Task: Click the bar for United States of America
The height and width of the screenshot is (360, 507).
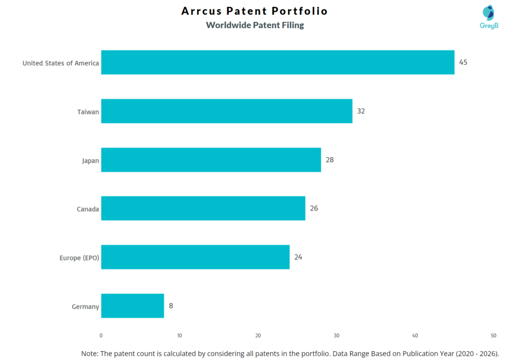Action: click(x=277, y=62)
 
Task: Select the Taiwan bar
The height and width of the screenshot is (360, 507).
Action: click(x=226, y=111)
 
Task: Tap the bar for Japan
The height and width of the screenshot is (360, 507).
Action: click(x=211, y=160)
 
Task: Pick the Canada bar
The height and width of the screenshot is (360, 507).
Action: click(x=203, y=208)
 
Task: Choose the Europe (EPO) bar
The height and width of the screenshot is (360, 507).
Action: click(x=195, y=257)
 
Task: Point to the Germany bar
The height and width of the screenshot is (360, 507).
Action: click(x=132, y=306)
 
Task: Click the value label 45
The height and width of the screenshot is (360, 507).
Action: click(x=463, y=62)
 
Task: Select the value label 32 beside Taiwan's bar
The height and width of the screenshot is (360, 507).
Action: click(x=361, y=111)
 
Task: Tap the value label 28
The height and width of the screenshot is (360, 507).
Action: click(x=330, y=160)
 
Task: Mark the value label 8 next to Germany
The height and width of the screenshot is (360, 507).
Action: click(x=171, y=306)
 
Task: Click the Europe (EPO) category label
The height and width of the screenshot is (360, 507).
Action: click(x=79, y=257)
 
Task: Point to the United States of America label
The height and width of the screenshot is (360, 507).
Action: click(x=60, y=63)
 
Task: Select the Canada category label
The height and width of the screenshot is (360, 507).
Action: click(x=88, y=209)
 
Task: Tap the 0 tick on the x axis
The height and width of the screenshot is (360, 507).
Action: click(x=101, y=335)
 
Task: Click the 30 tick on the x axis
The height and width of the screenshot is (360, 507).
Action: click(x=337, y=335)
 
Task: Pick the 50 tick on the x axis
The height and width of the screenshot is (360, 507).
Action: click(x=493, y=335)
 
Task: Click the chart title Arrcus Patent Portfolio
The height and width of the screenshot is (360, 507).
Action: click(x=254, y=11)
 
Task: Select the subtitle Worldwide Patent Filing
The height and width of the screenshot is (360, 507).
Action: click(x=255, y=25)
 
